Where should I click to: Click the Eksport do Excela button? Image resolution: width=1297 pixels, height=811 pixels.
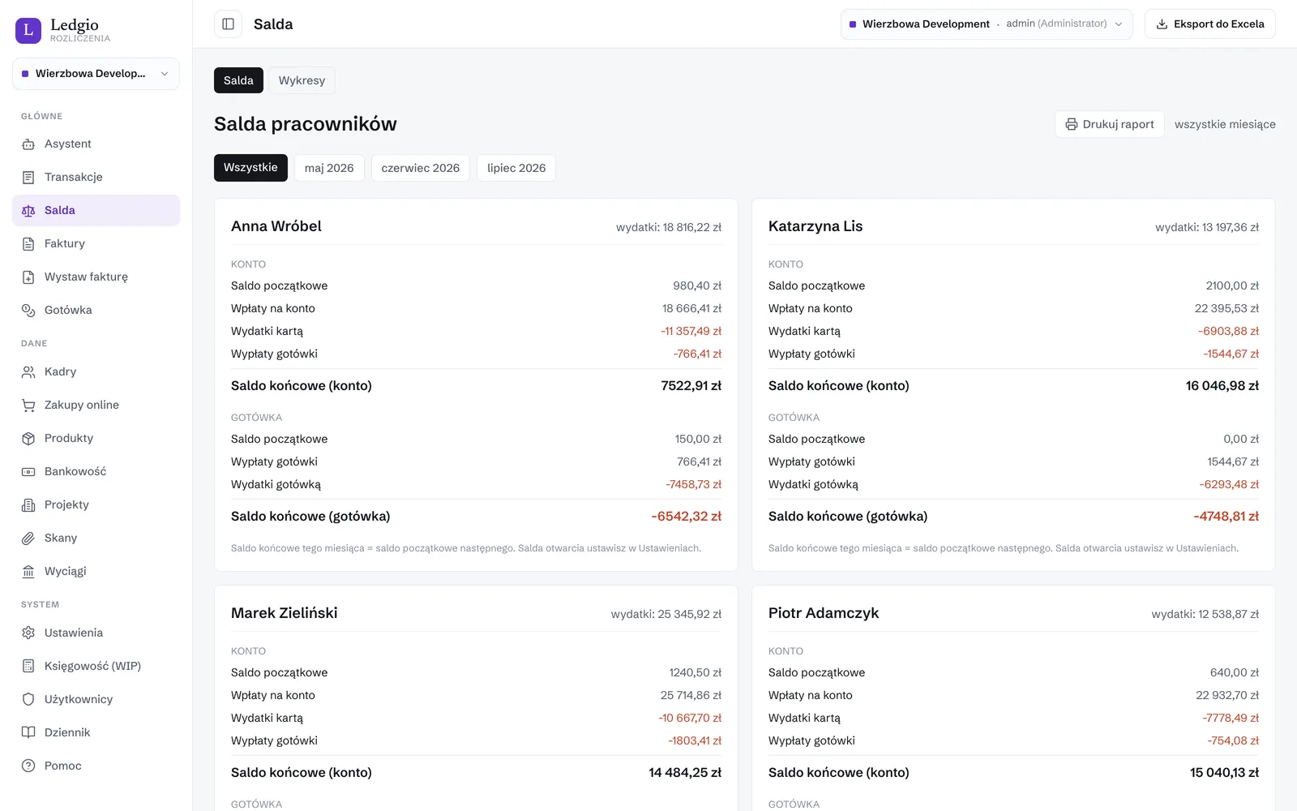[1209, 24]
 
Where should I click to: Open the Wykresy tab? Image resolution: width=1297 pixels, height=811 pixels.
[302, 80]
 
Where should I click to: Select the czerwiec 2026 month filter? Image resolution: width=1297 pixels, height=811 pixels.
[421, 167]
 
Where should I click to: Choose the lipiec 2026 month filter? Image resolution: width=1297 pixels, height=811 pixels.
[516, 167]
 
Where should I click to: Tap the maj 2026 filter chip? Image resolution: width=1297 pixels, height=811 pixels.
[329, 167]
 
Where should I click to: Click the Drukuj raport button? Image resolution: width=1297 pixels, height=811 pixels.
[1110, 124]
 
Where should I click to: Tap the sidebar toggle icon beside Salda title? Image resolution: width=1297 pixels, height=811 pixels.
[228, 24]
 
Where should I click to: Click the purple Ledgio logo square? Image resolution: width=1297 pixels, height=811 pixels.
[28, 30]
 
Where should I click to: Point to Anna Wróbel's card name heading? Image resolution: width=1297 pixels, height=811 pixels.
[276, 226]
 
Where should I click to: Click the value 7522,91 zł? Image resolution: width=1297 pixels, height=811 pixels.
[691, 385]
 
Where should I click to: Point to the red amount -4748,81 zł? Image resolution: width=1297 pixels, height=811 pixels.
[1226, 516]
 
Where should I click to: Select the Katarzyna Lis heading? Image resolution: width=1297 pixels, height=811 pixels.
[815, 226]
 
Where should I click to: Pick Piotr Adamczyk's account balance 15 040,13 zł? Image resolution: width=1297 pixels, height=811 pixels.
[1224, 772]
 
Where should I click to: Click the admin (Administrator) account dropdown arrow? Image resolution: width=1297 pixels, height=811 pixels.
[1119, 24]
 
